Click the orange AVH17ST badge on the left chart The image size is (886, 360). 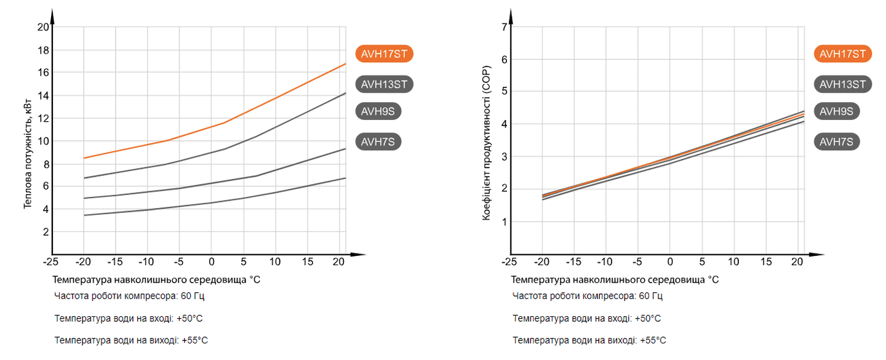pyautogui.click(x=384, y=54)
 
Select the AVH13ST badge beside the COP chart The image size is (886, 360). pyautogui.click(x=843, y=84)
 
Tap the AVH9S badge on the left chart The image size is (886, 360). pyautogui.click(x=378, y=111)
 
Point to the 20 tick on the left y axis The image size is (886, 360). pyautogui.click(x=43, y=27)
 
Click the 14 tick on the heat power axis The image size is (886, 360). pyautogui.click(x=43, y=95)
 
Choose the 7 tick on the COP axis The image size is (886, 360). pyautogui.click(x=504, y=27)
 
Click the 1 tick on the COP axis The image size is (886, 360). pyautogui.click(x=504, y=222)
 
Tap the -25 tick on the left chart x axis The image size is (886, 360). pyautogui.click(x=50, y=262)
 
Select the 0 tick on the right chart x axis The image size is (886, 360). pyautogui.click(x=669, y=262)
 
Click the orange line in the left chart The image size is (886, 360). pyautogui.click(x=277, y=97)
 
